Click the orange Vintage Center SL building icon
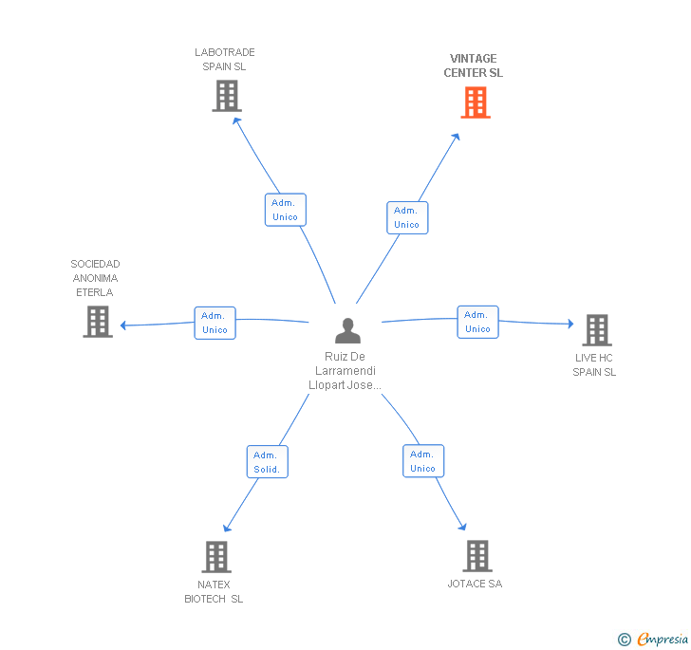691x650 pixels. [476, 102]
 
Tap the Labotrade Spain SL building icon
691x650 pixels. [226, 96]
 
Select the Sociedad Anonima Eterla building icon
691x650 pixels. [98, 322]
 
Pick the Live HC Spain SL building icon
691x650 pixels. [596, 330]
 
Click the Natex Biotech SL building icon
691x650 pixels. [216, 557]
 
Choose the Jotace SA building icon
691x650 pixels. [476, 556]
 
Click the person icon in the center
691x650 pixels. [347, 330]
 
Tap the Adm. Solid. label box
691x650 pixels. [267, 462]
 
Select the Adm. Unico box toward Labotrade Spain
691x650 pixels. [285, 210]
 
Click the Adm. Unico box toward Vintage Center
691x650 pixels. [406, 217]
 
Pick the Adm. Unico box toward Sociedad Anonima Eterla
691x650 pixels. [215, 323]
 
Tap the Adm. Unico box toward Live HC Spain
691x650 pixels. [477, 322]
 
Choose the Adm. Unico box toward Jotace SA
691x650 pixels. [422, 461]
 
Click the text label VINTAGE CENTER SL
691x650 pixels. [474, 65]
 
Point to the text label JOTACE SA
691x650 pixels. [475, 584]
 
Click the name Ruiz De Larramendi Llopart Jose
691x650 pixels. [345, 371]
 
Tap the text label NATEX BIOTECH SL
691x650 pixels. [214, 591]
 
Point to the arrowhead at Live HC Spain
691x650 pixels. [570, 325]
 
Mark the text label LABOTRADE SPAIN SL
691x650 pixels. [225, 59]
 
